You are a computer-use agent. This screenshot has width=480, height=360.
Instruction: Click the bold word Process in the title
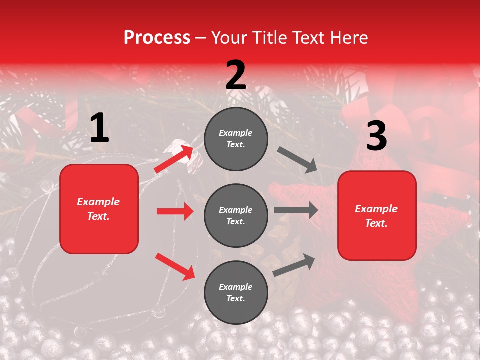157,38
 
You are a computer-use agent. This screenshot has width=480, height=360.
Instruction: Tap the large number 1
99,129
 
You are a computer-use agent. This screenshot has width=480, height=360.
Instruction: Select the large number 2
236,75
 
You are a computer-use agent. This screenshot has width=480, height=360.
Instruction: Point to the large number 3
376,136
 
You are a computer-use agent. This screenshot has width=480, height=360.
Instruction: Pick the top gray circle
236,139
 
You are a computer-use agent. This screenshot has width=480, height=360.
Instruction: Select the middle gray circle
236,215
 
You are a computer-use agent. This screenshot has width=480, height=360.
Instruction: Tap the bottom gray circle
236,292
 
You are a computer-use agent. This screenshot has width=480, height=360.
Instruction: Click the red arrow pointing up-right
174,159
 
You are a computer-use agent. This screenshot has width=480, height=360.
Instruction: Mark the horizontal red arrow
175,211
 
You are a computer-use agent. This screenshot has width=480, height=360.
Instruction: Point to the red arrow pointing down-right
175,266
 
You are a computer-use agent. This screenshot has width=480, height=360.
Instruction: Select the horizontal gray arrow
296,210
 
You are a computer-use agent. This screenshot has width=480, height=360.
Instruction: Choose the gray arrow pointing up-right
294,265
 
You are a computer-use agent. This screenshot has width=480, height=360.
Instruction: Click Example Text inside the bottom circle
236,293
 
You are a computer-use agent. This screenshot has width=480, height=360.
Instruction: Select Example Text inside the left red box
98,209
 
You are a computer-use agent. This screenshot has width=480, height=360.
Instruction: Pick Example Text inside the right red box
376,216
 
